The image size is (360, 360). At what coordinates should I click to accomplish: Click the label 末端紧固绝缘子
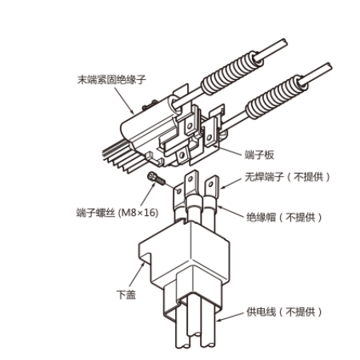pos(112,79)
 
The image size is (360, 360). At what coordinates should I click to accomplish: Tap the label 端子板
pos(259,155)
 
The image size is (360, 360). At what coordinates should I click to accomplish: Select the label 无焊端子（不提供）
pos(287,177)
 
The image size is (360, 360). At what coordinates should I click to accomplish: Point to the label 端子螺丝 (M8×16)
pos(118,213)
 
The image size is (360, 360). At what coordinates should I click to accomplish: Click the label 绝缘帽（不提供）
pos(284,218)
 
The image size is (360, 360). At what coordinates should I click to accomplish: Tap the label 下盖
pos(126,294)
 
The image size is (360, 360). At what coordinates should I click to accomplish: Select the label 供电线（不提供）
pos(284,312)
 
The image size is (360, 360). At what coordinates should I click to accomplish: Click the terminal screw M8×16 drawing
pos(157,178)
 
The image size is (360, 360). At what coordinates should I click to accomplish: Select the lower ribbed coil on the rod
pos(277,97)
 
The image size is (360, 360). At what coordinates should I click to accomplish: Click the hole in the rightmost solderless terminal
pos(211,184)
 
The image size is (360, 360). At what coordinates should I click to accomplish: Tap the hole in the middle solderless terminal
pos(190,178)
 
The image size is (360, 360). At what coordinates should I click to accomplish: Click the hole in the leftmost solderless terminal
pos(179,191)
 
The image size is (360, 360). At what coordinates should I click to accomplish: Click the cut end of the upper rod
pos(285,42)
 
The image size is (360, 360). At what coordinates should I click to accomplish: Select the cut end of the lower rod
pos(330,66)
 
